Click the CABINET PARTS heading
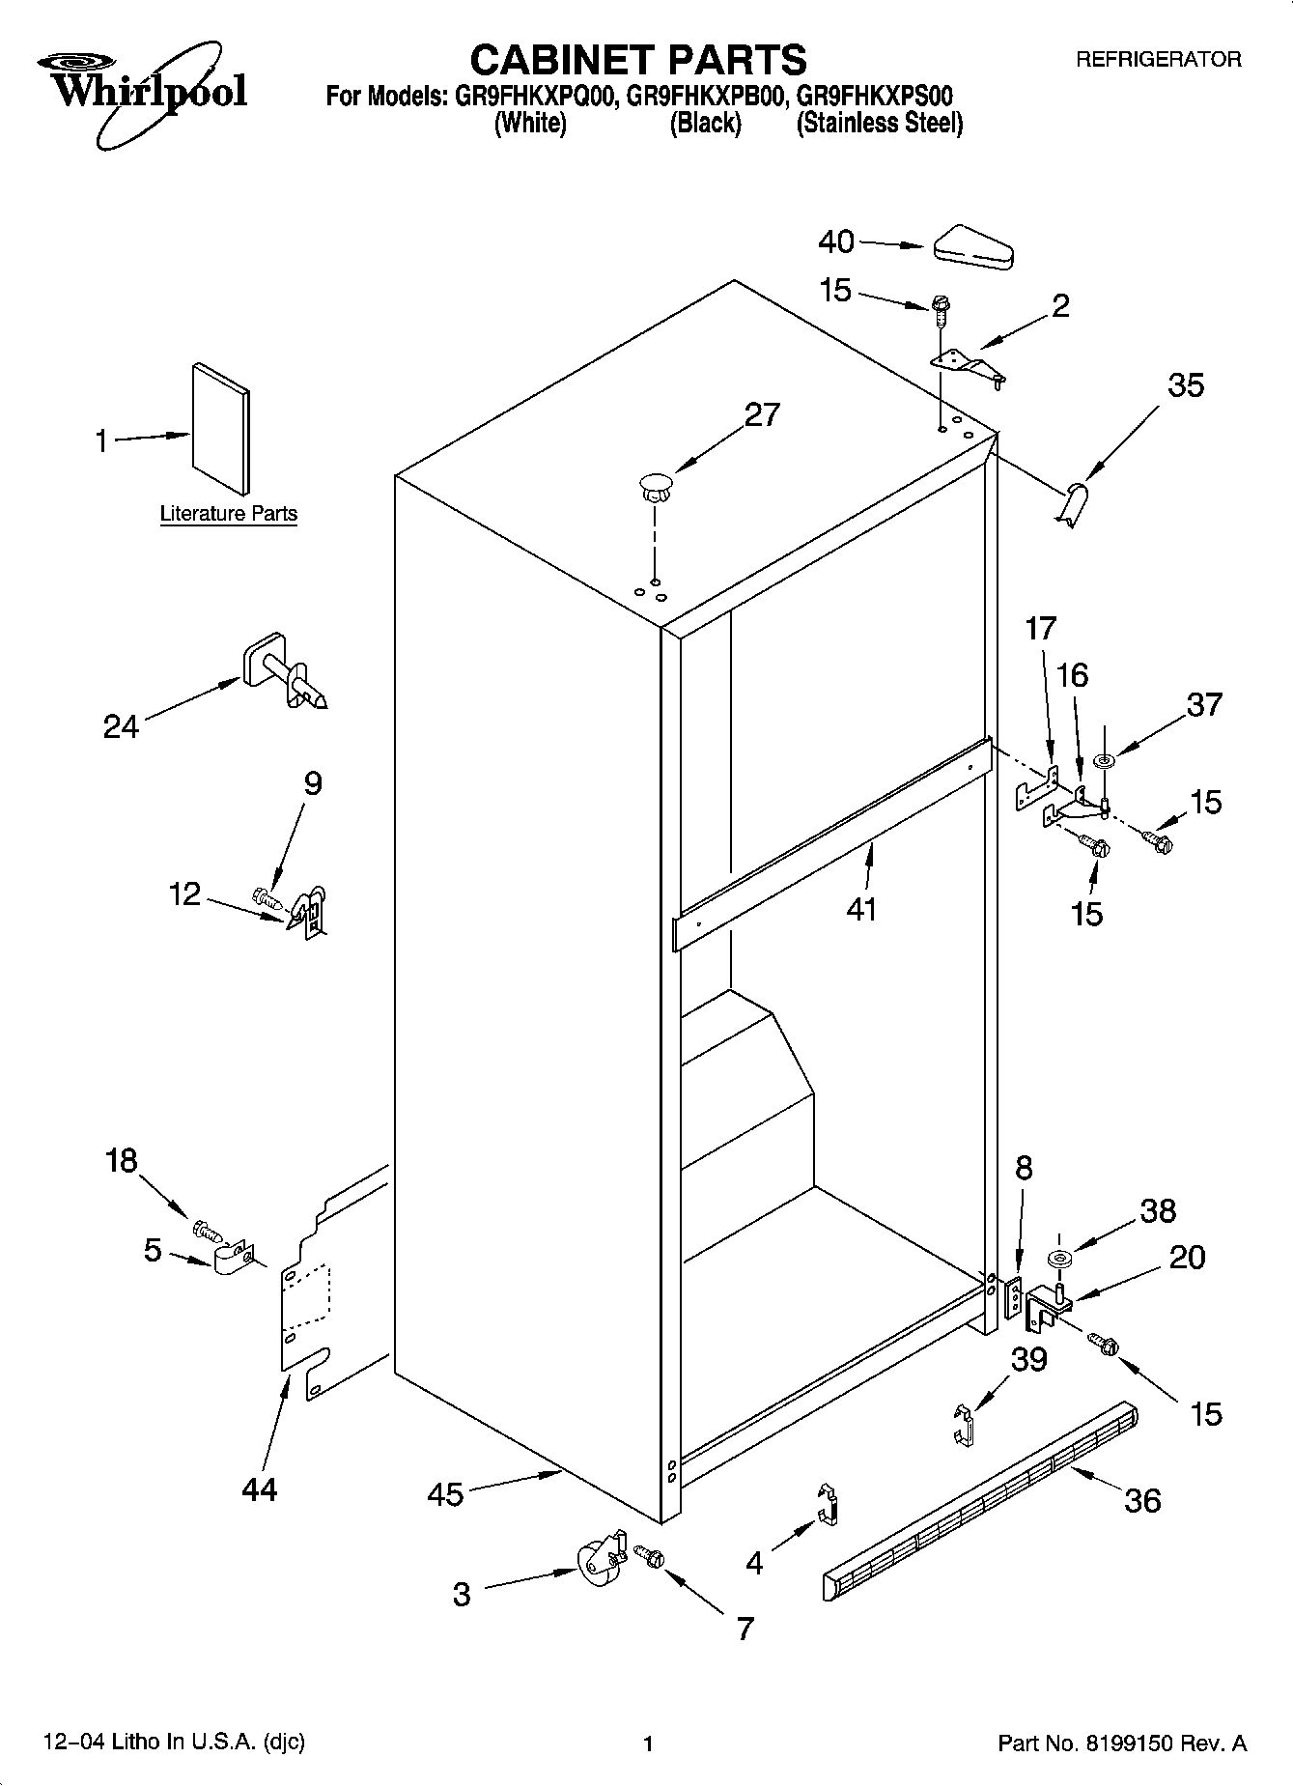click(x=637, y=60)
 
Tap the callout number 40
click(x=836, y=241)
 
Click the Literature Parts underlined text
click(x=228, y=514)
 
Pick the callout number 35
click(x=1185, y=385)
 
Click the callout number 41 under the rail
click(x=860, y=908)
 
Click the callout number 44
click(x=260, y=1488)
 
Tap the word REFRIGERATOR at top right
click(x=1158, y=60)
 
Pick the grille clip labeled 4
click(x=827, y=1504)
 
